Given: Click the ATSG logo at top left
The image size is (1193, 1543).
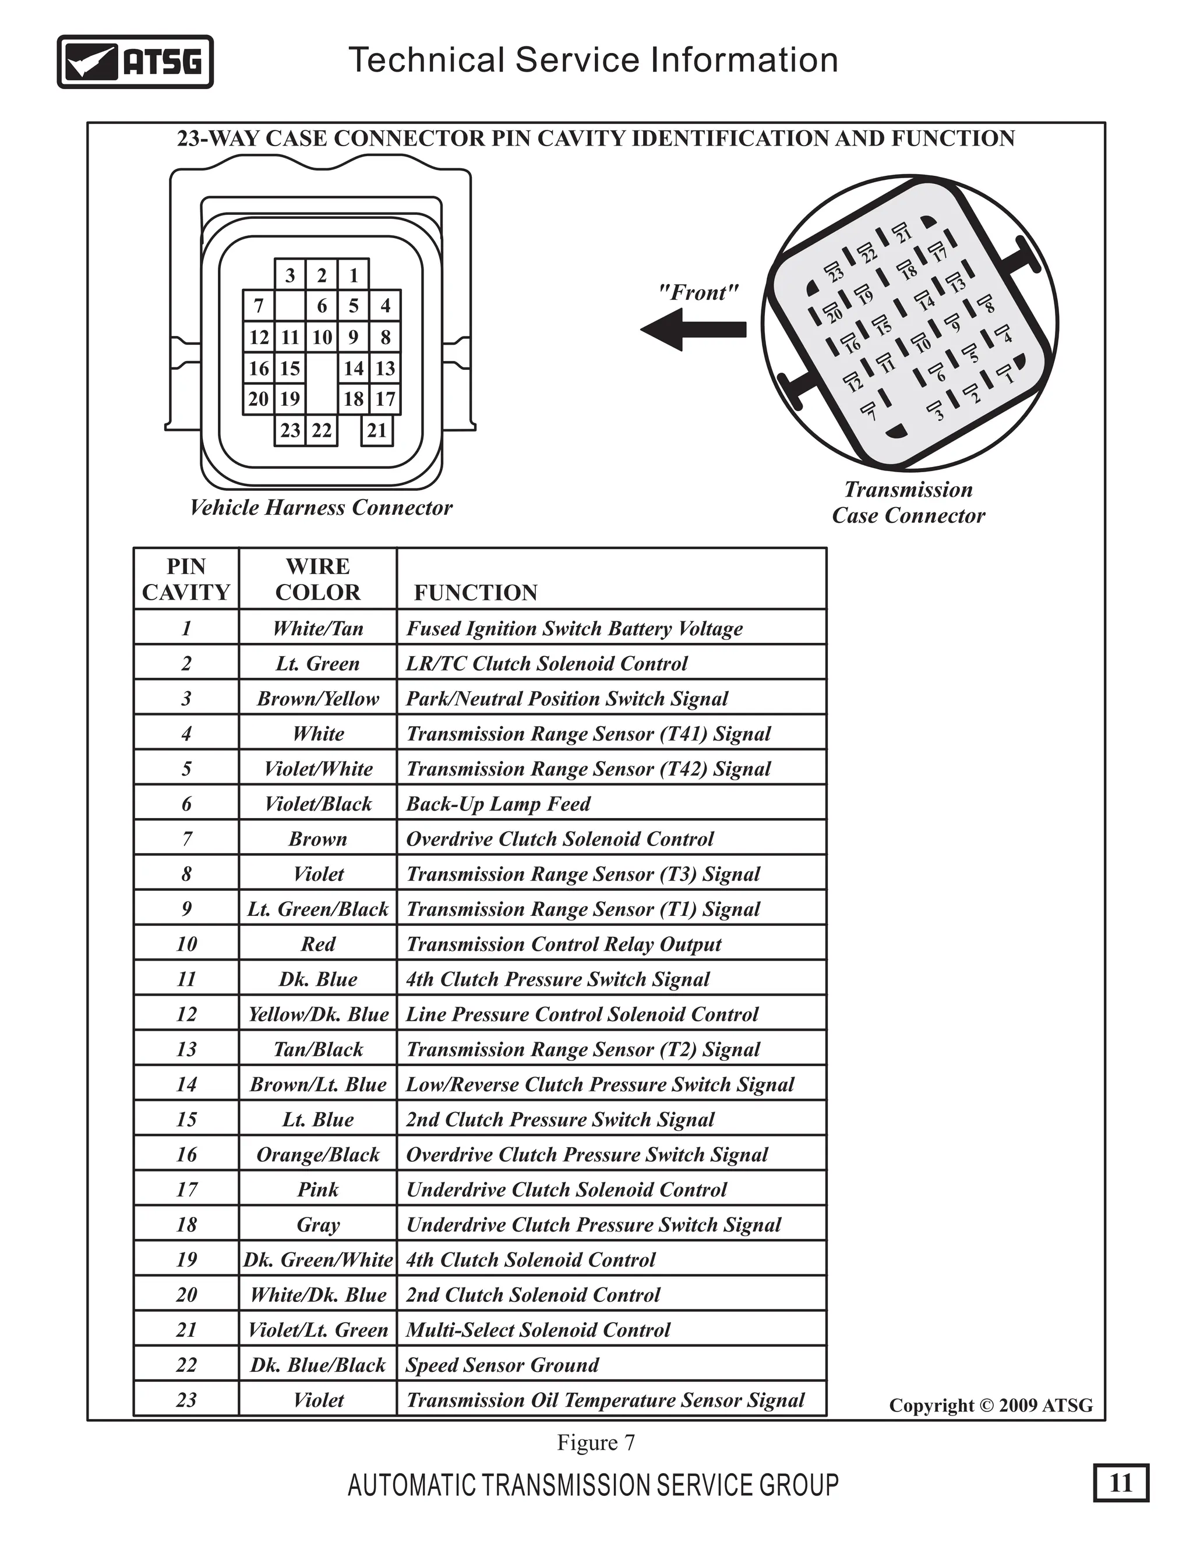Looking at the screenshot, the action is coord(135,62).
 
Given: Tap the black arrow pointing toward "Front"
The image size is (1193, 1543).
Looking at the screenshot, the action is coord(693,329).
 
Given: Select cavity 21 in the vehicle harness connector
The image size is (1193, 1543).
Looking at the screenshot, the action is coord(377,430).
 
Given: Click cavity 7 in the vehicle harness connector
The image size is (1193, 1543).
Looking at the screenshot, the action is coord(259,306).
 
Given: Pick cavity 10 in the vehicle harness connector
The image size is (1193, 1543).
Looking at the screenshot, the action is coord(322,337).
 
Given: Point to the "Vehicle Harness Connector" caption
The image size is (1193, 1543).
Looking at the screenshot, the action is coord(321,507).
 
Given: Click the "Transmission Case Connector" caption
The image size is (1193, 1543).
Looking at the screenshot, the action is coord(908,502).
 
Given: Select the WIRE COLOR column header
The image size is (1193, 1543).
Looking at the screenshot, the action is coord(318,579).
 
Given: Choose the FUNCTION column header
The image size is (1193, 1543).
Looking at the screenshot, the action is coord(476,592).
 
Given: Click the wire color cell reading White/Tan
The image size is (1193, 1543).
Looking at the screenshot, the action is coord(318,628).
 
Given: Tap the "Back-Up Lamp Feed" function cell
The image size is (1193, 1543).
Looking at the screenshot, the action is coord(498,804).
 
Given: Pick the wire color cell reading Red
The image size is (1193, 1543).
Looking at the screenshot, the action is coord(318,944).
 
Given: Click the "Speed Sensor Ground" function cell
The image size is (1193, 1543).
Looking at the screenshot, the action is coord(503,1365).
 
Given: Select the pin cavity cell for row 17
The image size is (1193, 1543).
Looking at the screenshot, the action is coord(186,1190).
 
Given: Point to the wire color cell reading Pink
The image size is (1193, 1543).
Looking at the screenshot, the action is coord(318,1190).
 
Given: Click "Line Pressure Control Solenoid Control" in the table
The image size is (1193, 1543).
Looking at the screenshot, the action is coord(582,1014).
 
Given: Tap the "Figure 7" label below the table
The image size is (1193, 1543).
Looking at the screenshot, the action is coord(596,1443).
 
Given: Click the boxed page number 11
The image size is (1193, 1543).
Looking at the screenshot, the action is coord(1121,1482).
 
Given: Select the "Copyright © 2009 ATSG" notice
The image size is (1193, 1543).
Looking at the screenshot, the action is coord(991,1405).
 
